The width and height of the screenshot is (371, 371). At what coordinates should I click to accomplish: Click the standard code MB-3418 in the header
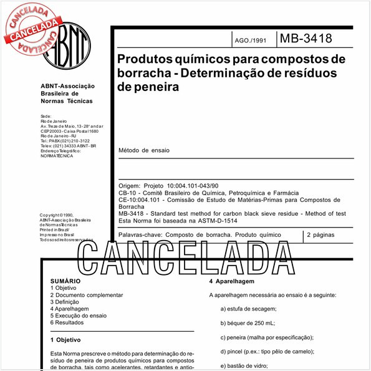coord(306,39)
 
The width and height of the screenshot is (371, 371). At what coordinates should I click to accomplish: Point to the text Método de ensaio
coord(143,150)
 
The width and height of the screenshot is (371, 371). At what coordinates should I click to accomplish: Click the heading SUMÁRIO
coord(65,282)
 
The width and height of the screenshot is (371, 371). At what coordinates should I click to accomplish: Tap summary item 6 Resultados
coord(70,322)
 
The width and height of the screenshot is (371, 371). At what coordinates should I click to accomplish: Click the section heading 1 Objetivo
coord(65,340)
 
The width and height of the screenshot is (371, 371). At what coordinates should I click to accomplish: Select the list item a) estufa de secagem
coord(248,309)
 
